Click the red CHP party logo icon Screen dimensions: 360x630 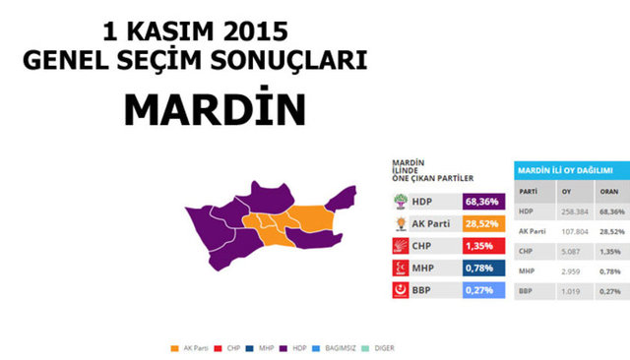400,246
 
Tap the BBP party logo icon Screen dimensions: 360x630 400,290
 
